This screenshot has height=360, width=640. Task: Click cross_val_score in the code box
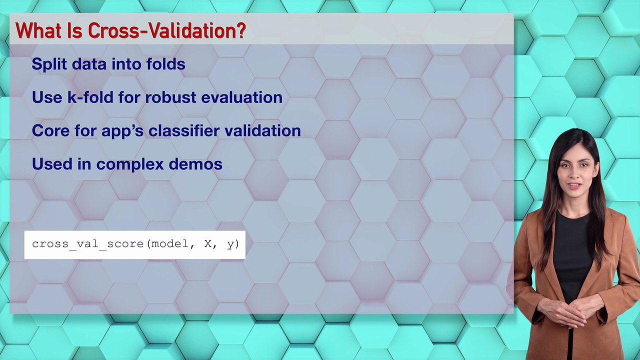coord(88,244)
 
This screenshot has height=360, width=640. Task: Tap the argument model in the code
coord(170,244)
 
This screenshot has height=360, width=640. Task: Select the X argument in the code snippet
coord(208,244)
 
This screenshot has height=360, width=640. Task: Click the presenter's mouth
coord(575,185)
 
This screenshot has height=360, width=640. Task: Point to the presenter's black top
coord(573,250)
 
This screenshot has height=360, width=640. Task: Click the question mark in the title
coord(240,31)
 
